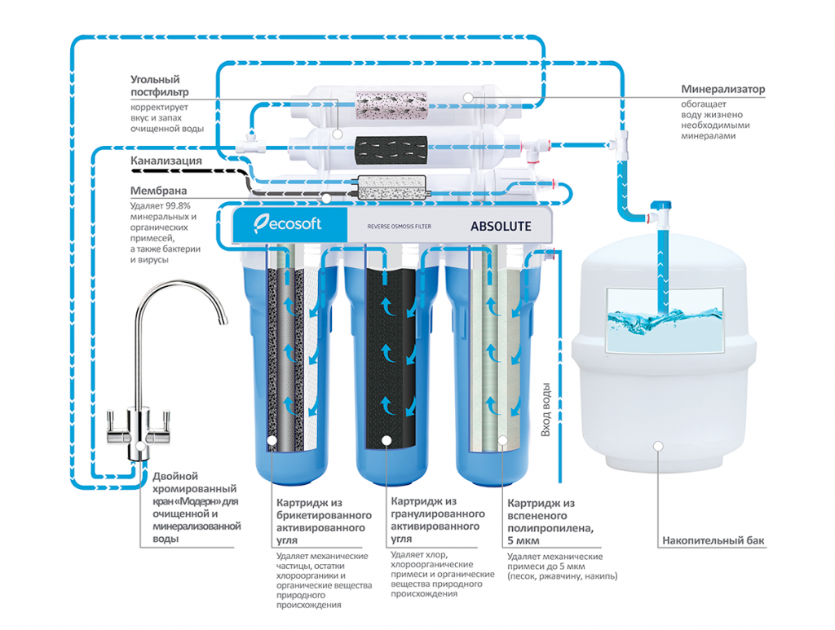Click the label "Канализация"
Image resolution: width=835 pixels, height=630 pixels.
pos(166,161)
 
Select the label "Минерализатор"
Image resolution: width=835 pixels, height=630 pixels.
pos(723,90)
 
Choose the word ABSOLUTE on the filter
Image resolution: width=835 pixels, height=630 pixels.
pos(501,226)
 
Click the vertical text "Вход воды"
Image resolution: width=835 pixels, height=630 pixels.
pos(546,412)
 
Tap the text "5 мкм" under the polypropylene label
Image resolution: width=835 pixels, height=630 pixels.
pos(524,541)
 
